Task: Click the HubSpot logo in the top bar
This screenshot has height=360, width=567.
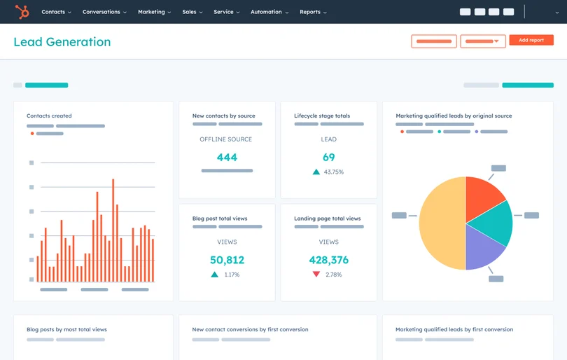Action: pyautogui.click(x=22, y=12)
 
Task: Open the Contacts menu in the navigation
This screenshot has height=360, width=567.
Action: pyautogui.click(x=56, y=12)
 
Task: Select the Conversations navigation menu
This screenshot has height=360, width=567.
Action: pyautogui.click(x=104, y=12)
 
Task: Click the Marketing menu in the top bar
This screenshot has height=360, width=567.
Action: pyautogui.click(x=154, y=12)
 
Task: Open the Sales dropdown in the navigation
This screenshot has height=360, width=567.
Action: pyautogui.click(x=192, y=12)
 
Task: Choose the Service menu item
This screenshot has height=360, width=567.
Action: pyautogui.click(x=226, y=12)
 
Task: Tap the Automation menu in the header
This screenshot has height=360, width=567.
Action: pyautogui.click(x=269, y=12)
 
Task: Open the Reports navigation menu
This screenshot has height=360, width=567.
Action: pyautogui.click(x=313, y=12)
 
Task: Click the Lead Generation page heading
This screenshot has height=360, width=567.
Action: pyautogui.click(x=62, y=42)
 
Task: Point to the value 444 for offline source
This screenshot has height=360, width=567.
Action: pyautogui.click(x=227, y=158)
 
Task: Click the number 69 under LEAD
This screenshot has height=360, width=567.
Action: pyautogui.click(x=328, y=158)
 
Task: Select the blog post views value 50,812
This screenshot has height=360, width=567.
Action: pyautogui.click(x=227, y=260)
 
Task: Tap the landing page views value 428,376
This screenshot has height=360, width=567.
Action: pyautogui.click(x=328, y=260)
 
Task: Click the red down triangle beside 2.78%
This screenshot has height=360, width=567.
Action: pyautogui.click(x=316, y=275)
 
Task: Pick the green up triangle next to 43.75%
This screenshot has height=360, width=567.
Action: pyautogui.click(x=316, y=172)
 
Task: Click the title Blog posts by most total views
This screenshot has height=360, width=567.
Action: pyautogui.click(x=66, y=329)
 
